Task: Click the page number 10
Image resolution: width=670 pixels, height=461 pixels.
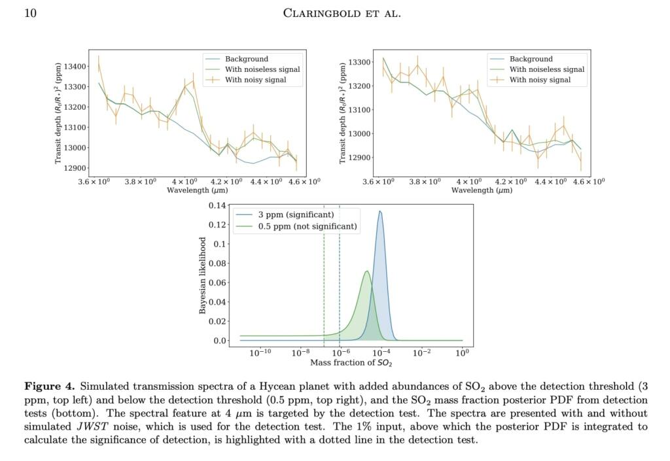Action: tap(30, 13)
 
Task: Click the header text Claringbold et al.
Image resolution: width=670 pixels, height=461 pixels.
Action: tap(342, 13)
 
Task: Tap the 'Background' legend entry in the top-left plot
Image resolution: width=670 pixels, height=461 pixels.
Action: tap(247, 59)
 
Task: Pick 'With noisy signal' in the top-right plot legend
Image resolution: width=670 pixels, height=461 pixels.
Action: tap(540, 80)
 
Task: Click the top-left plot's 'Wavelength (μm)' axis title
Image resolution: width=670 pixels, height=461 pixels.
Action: tap(198, 190)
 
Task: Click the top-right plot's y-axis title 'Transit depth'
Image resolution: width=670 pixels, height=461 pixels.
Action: tap(343, 114)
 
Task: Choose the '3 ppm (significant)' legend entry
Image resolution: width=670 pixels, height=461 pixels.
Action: tap(296, 214)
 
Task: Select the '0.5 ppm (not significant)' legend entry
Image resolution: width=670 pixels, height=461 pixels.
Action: tap(308, 226)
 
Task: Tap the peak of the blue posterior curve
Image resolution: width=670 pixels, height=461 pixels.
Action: tap(380, 211)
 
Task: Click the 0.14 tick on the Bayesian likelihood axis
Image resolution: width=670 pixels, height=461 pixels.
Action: tap(217, 206)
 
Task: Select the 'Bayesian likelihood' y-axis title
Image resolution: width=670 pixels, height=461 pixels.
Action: tap(202, 275)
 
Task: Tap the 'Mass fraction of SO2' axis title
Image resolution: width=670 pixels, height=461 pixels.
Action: tap(351, 362)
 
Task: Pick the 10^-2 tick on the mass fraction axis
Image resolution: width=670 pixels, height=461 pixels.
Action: tap(421, 353)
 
